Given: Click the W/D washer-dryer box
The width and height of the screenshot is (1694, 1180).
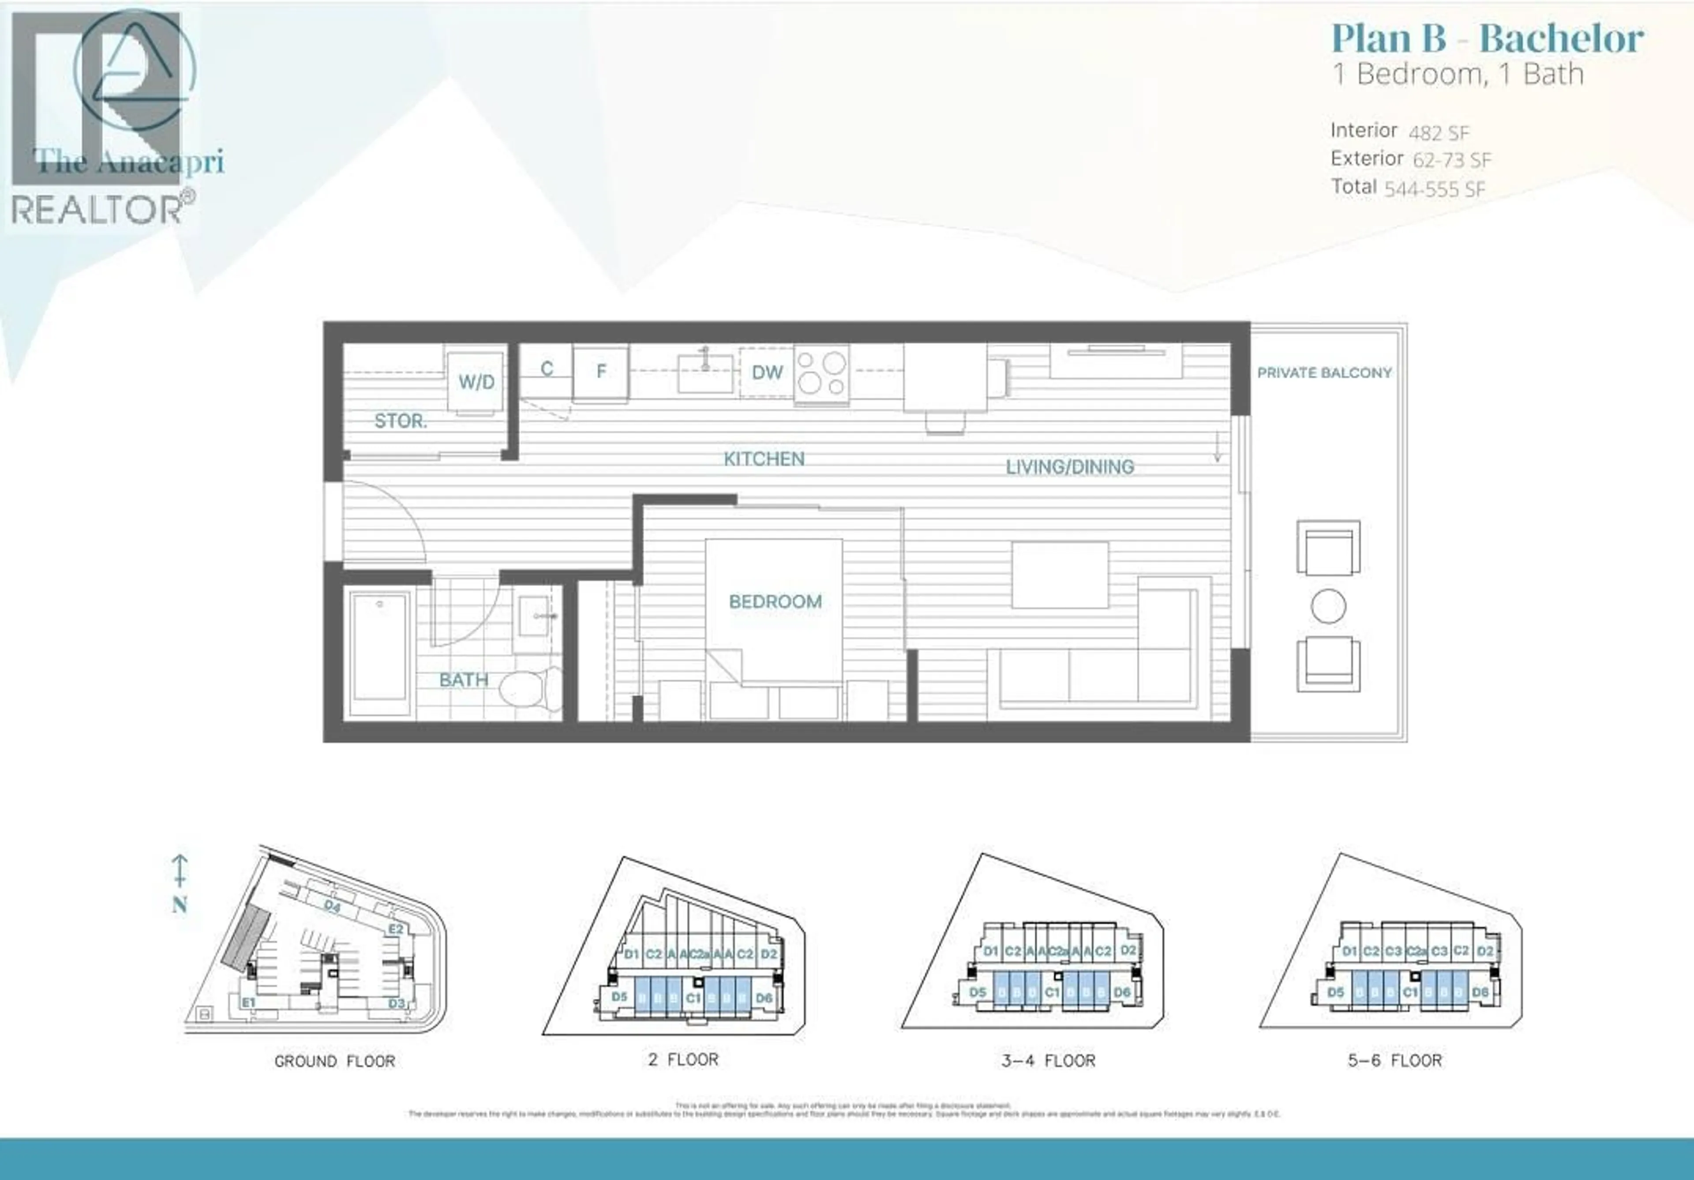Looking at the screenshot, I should pyautogui.click(x=476, y=382).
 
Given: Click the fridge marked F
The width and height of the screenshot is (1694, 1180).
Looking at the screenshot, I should pyautogui.click(x=600, y=372).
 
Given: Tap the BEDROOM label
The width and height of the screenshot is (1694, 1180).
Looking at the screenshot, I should pyautogui.click(x=775, y=601).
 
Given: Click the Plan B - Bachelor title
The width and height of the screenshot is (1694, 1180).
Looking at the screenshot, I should pyautogui.click(x=1487, y=38).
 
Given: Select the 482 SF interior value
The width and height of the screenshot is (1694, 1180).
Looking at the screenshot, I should pyautogui.click(x=1439, y=133).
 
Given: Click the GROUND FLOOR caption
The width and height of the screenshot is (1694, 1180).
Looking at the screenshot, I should pyautogui.click(x=334, y=1061).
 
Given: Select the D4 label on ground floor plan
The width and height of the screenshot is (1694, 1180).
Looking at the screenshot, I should pyautogui.click(x=332, y=906).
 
